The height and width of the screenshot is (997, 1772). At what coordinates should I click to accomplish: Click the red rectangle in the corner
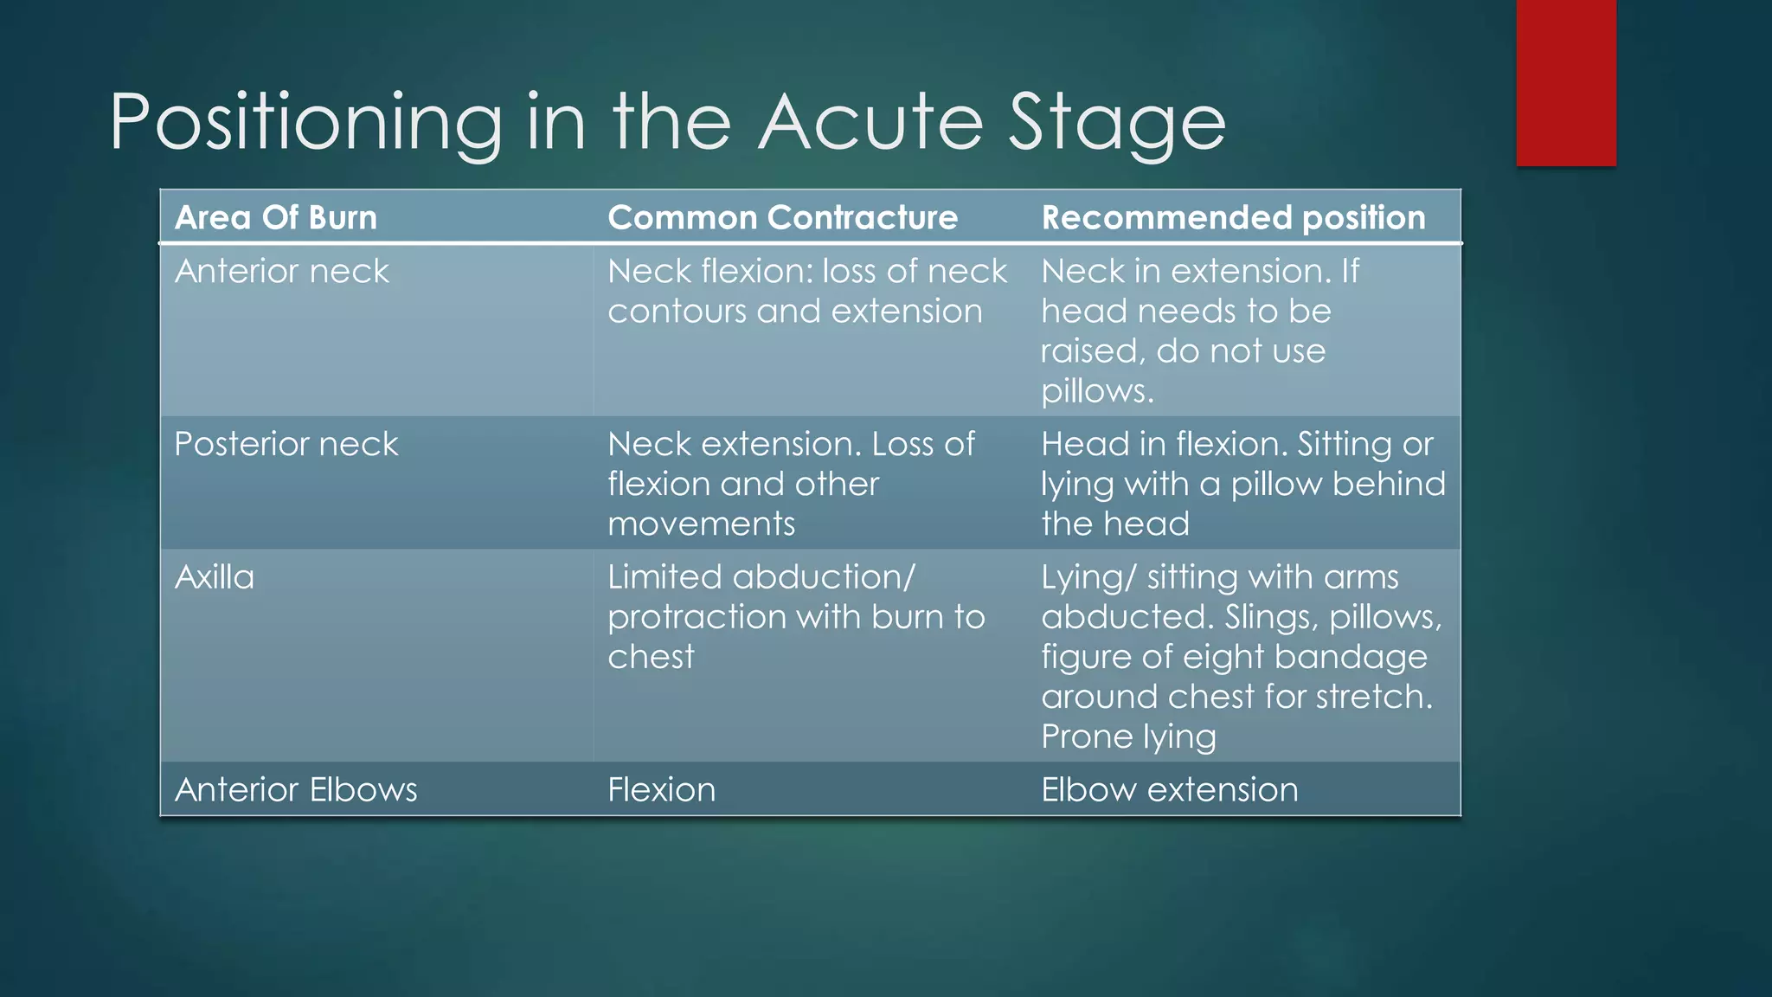click(x=1565, y=82)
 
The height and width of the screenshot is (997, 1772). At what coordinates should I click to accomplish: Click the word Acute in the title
click(x=871, y=122)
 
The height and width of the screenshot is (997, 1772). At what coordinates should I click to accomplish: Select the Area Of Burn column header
click(x=276, y=217)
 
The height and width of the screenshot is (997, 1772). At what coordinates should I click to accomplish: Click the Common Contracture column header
click(x=782, y=217)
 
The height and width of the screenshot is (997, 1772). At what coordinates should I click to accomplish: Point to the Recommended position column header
click(x=1233, y=217)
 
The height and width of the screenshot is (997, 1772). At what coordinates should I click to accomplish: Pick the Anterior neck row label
click(x=282, y=272)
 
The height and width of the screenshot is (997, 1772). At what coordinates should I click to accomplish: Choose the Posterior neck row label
click(x=286, y=444)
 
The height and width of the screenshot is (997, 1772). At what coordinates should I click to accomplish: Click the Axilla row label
click(x=215, y=577)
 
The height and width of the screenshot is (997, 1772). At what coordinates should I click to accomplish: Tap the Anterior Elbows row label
click(x=296, y=789)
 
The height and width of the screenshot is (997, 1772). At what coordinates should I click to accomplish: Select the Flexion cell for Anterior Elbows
click(x=661, y=789)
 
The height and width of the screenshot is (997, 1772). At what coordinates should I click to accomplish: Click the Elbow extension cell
click(x=1169, y=789)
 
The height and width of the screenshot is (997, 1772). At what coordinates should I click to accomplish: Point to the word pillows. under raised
click(x=1097, y=392)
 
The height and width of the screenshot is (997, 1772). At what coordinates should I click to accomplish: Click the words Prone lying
click(x=1128, y=736)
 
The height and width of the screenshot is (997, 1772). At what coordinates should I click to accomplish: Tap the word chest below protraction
click(x=651, y=657)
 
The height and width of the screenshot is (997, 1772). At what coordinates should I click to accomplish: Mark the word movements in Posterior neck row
click(x=701, y=524)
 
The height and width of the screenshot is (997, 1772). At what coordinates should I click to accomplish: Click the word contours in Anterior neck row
click(x=677, y=312)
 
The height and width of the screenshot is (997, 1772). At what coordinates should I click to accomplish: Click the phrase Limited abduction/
click(x=761, y=577)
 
